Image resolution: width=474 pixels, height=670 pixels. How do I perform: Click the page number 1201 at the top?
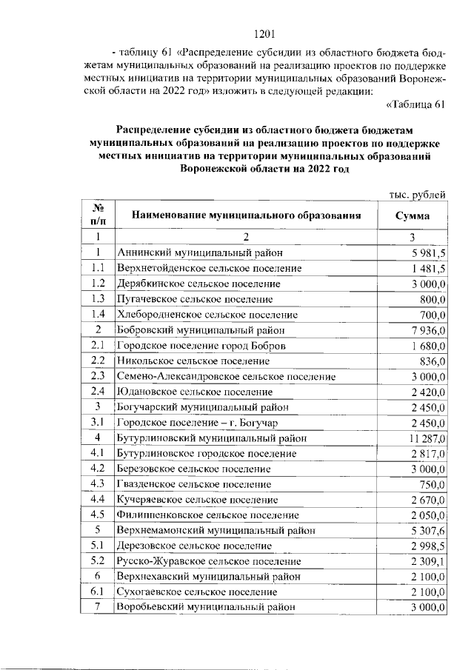[264, 33]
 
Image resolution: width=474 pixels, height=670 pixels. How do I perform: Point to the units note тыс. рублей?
[417, 195]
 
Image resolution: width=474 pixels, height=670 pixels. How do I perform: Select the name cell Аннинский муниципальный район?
[199, 252]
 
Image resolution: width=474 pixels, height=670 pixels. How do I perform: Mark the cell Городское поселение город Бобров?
[201, 346]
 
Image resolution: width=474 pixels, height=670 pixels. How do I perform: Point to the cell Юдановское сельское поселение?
[194, 392]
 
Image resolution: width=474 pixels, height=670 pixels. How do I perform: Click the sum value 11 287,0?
[425, 438]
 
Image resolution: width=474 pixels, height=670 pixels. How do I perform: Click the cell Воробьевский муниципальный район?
[205, 607]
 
